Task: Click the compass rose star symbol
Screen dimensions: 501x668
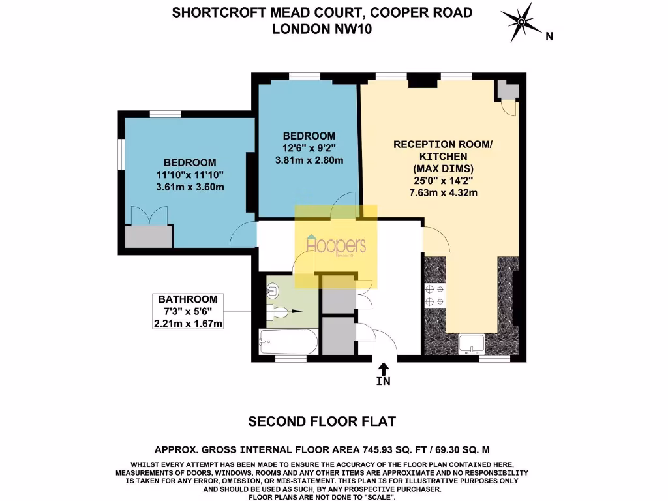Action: [522, 23]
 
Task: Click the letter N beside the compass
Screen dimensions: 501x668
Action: [550, 37]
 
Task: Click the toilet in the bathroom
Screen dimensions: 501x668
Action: [280, 312]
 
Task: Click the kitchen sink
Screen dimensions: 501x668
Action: [470, 342]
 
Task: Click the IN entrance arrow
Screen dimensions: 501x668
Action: [383, 371]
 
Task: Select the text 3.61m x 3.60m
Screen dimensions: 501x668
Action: [190, 187]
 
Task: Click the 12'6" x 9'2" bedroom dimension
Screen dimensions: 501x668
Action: [309, 147]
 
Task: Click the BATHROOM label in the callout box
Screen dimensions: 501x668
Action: [187, 299]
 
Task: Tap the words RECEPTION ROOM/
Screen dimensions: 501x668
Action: [438, 145]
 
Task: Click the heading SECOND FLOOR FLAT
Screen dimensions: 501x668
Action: [322, 421]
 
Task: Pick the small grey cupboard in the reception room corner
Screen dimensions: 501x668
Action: [506, 90]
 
